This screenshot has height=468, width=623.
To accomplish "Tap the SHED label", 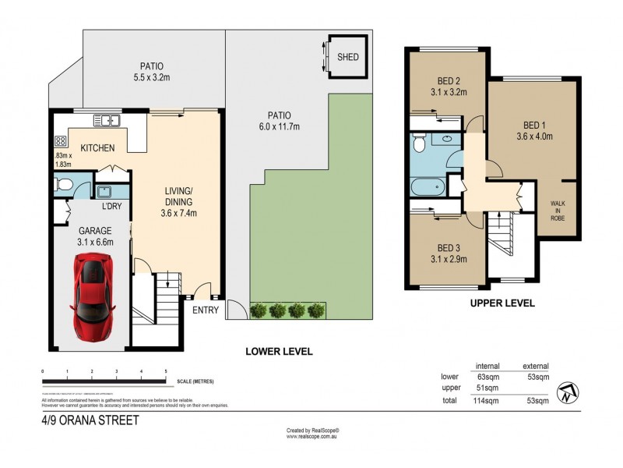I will (348, 57).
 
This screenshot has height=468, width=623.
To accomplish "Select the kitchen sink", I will (105, 121).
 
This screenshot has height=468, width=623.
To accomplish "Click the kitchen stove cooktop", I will (60, 141).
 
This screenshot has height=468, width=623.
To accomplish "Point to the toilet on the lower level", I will (64, 186).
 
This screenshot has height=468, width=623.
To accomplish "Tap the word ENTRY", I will (205, 310).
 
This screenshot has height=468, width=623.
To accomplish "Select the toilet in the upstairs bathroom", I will (418, 144).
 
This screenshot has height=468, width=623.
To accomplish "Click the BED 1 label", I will (534, 123).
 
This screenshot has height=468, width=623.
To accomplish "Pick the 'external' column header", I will (535, 366).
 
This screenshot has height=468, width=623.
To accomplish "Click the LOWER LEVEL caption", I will (279, 352).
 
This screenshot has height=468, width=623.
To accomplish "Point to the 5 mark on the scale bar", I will (166, 371).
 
